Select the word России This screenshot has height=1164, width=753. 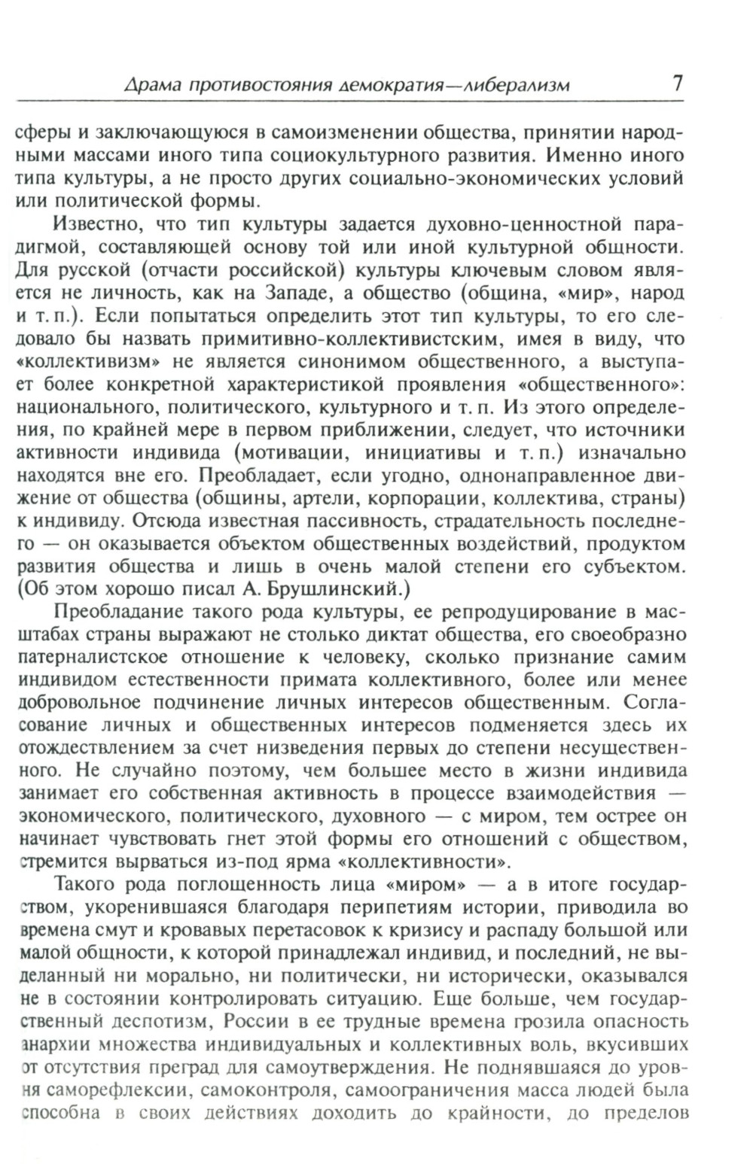tap(269, 1022)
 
